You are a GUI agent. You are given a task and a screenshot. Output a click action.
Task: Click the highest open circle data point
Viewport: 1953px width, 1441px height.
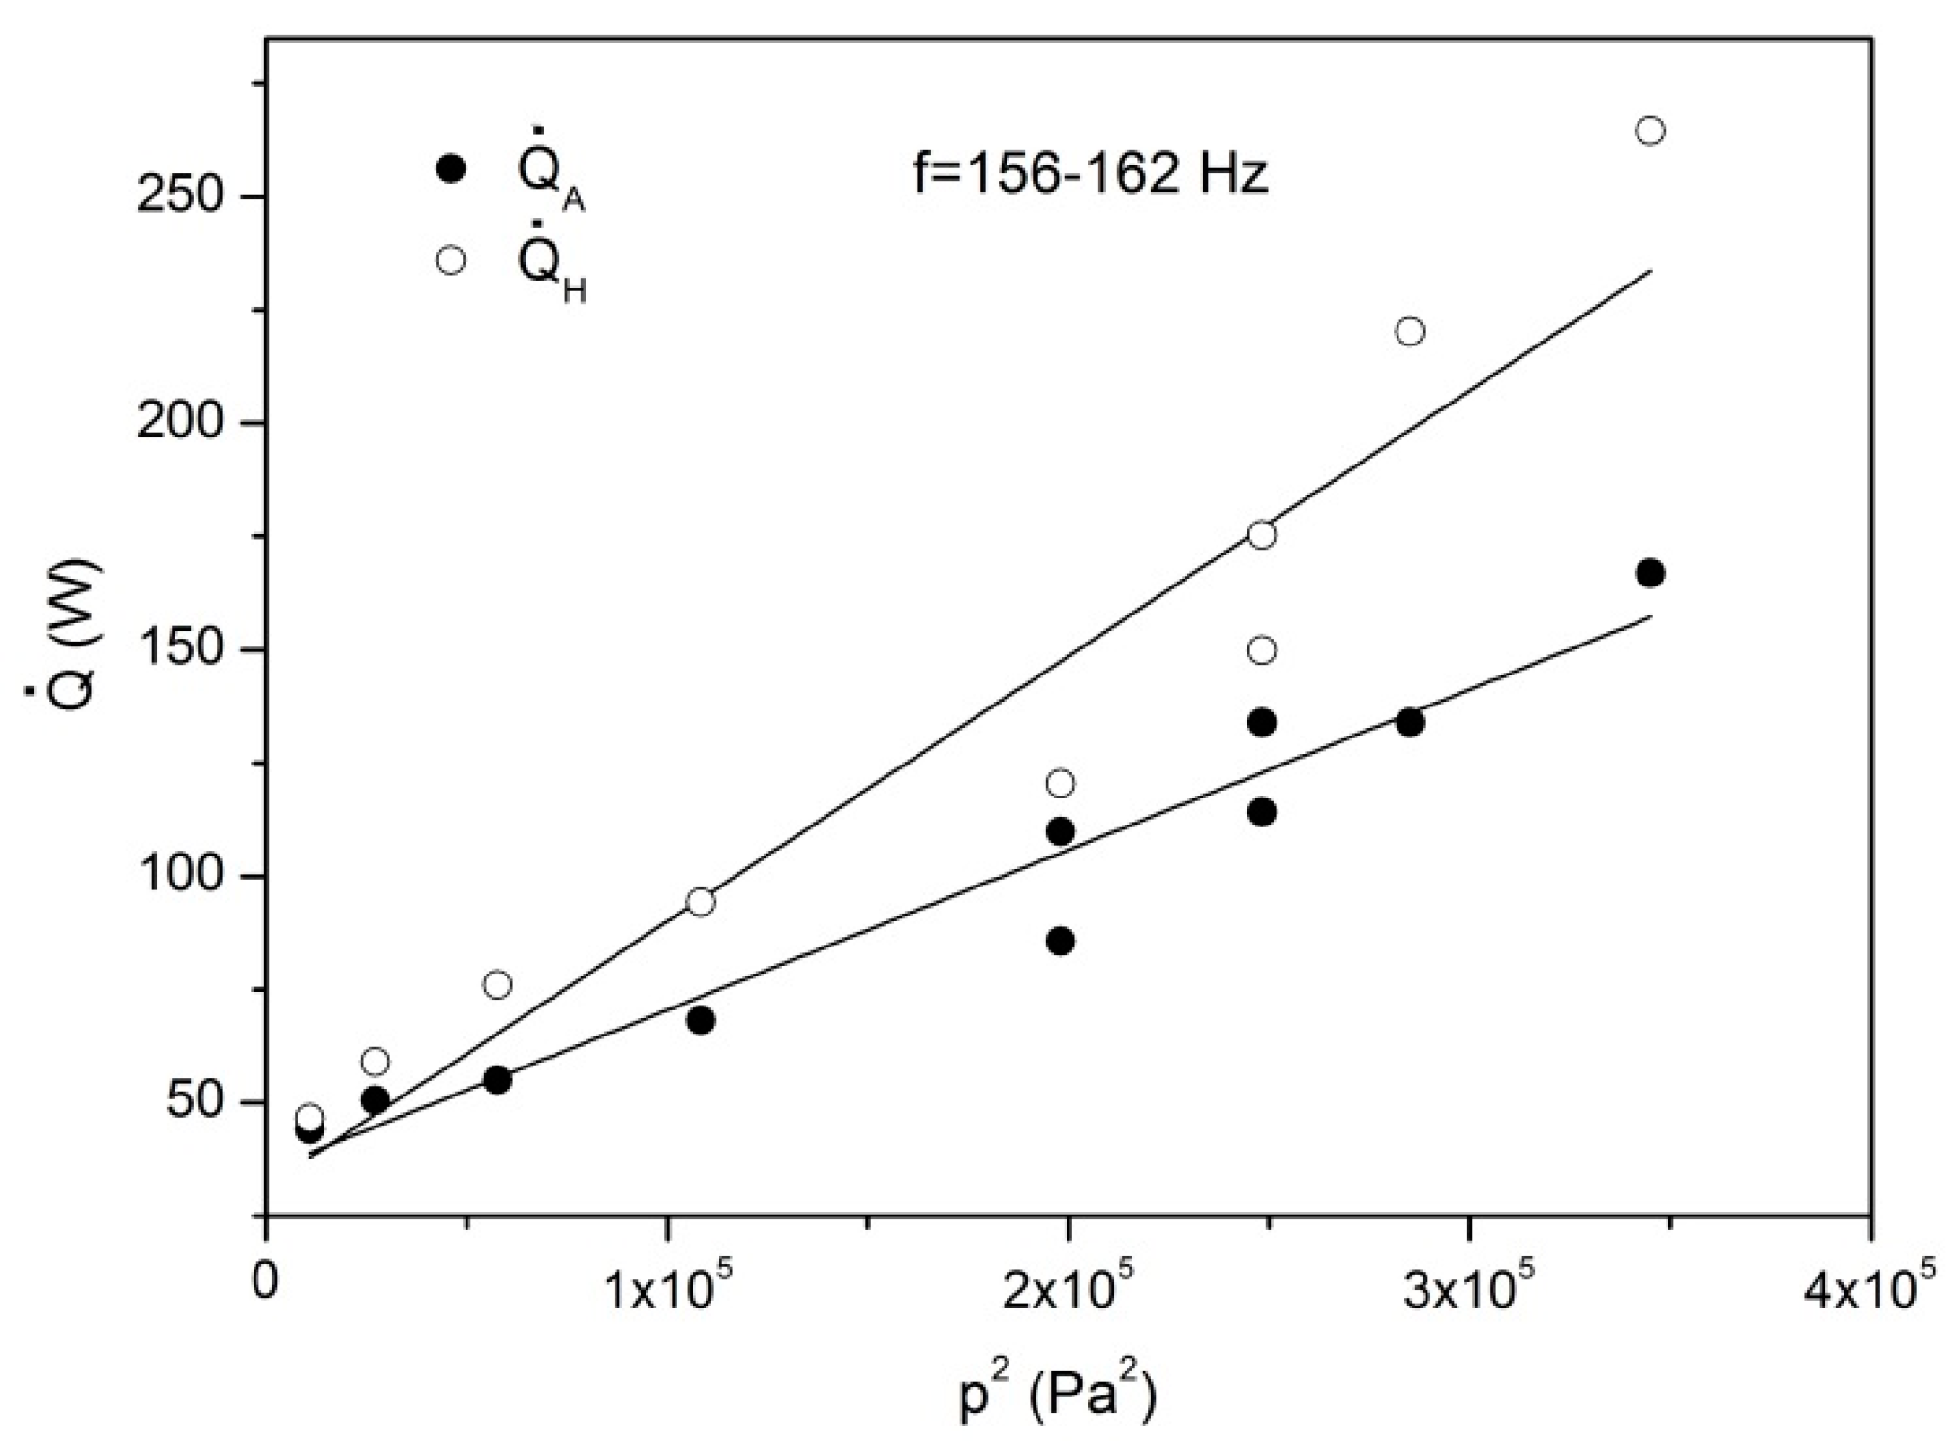[x=1649, y=131]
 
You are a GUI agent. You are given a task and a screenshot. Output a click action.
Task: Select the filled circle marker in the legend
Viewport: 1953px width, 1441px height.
[x=451, y=168]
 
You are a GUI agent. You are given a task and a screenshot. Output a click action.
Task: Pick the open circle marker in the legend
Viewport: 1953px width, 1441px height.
[x=451, y=260]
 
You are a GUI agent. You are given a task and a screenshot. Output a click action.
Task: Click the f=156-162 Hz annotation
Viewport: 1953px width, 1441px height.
[x=1091, y=175]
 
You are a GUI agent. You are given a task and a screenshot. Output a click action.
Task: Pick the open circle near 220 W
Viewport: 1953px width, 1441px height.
[x=1410, y=332]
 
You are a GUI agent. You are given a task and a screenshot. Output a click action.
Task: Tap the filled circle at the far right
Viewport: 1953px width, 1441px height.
[x=1649, y=573]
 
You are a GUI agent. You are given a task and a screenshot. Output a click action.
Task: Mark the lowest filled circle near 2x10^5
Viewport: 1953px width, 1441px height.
[x=1061, y=941]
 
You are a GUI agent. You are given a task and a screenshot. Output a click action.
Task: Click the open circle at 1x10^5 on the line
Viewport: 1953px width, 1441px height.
[x=701, y=902]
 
